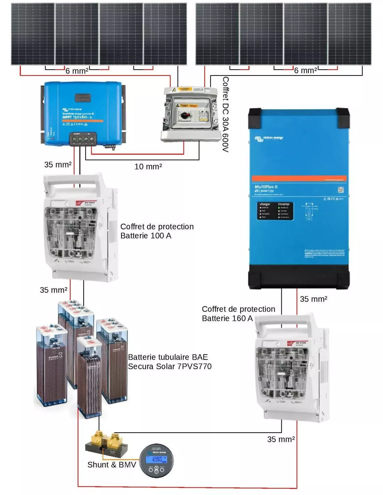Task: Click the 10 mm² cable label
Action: pos(148,167)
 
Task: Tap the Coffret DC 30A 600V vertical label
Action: pos(226,115)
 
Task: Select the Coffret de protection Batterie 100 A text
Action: pos(157,231)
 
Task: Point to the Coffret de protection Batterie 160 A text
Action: pos(238,314)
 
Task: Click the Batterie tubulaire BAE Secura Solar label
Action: pos(170,362)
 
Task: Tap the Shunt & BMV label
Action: pos(111,465)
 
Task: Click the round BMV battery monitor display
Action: pos(156,461)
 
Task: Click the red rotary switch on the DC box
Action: pos(184,115)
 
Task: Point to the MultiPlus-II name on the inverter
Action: pos(266,187)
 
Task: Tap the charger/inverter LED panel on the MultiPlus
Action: pos(275,211)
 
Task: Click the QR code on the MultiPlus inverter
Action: pos(341,190)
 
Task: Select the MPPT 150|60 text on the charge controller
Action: pos(77,117)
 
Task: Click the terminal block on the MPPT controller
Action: pos(83,139)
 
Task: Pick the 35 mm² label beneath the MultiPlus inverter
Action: pos(313,299)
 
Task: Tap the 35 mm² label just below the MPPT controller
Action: pos(58,165)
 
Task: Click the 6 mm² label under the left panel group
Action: pos(77,71)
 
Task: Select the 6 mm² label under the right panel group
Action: pos(305,71)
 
